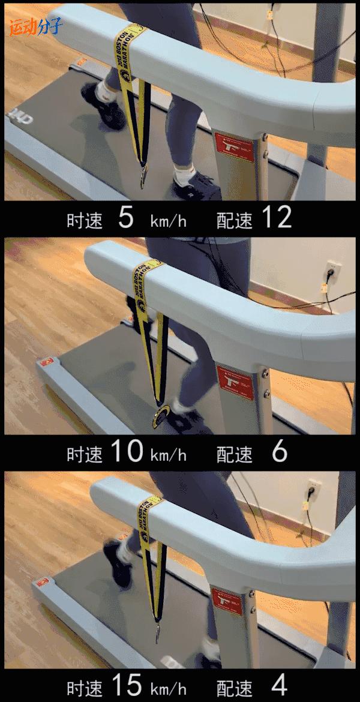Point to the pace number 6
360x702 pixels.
[280, 452]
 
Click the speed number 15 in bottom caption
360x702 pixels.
[126, 685]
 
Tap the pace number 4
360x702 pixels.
[280, 685]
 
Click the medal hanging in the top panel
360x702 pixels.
[143, 176]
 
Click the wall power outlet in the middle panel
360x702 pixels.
[330, 271]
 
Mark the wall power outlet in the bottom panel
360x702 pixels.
[313, 490]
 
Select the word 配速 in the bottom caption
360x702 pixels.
[235, 686]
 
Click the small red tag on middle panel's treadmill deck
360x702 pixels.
[46, 362]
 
